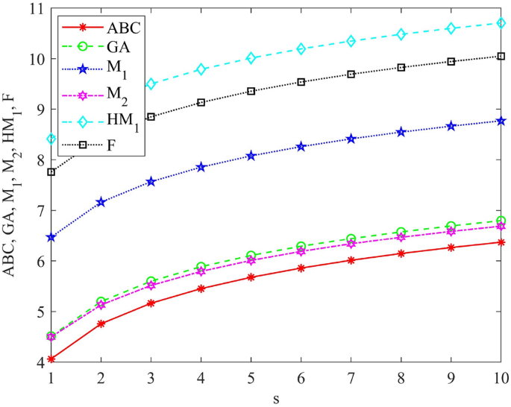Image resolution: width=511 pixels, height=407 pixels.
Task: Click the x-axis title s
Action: tap(275, 399)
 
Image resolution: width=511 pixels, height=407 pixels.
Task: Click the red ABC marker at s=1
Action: tap(51, 359)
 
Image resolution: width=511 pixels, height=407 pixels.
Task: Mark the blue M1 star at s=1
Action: tap(51, 237)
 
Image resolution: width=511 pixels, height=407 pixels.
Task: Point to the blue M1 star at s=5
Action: tap(251, 156)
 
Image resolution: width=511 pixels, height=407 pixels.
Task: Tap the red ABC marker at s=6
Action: tap(301, 268)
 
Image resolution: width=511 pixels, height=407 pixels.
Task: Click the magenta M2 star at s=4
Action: tap(201, 271)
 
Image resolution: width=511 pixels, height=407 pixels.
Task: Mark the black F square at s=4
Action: tap(201, 102)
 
